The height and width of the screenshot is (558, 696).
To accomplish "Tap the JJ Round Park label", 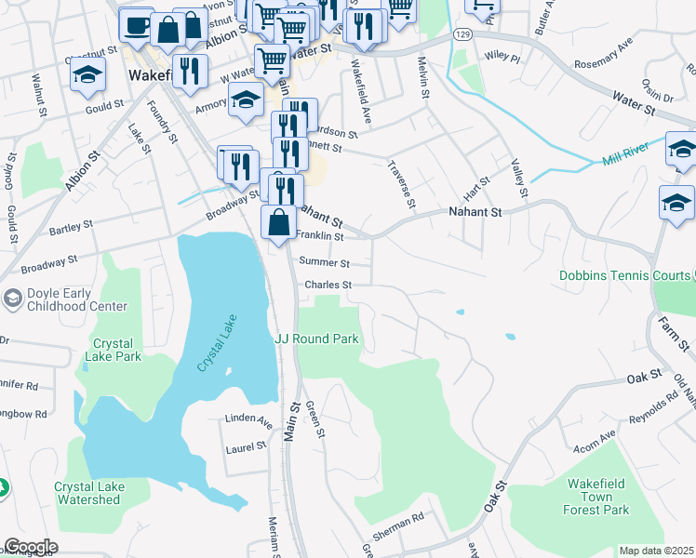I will tap(316, 339).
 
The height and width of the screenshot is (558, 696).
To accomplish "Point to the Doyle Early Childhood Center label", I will tap(65, 299).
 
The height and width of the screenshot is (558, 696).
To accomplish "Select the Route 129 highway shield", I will tap(462, 33).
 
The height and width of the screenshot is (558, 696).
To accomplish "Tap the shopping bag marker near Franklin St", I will tap(278, 223).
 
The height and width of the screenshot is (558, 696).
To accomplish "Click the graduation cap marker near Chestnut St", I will tap(87, 76).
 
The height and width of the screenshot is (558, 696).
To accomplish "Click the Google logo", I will tap(31, 547).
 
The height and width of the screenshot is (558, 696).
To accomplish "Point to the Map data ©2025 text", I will tap(656, 551).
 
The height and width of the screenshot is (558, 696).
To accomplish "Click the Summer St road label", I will tap(324, 264).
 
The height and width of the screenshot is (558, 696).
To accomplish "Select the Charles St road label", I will tap(328, 286).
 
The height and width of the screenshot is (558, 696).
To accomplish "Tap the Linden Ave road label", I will tap(248, 419).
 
